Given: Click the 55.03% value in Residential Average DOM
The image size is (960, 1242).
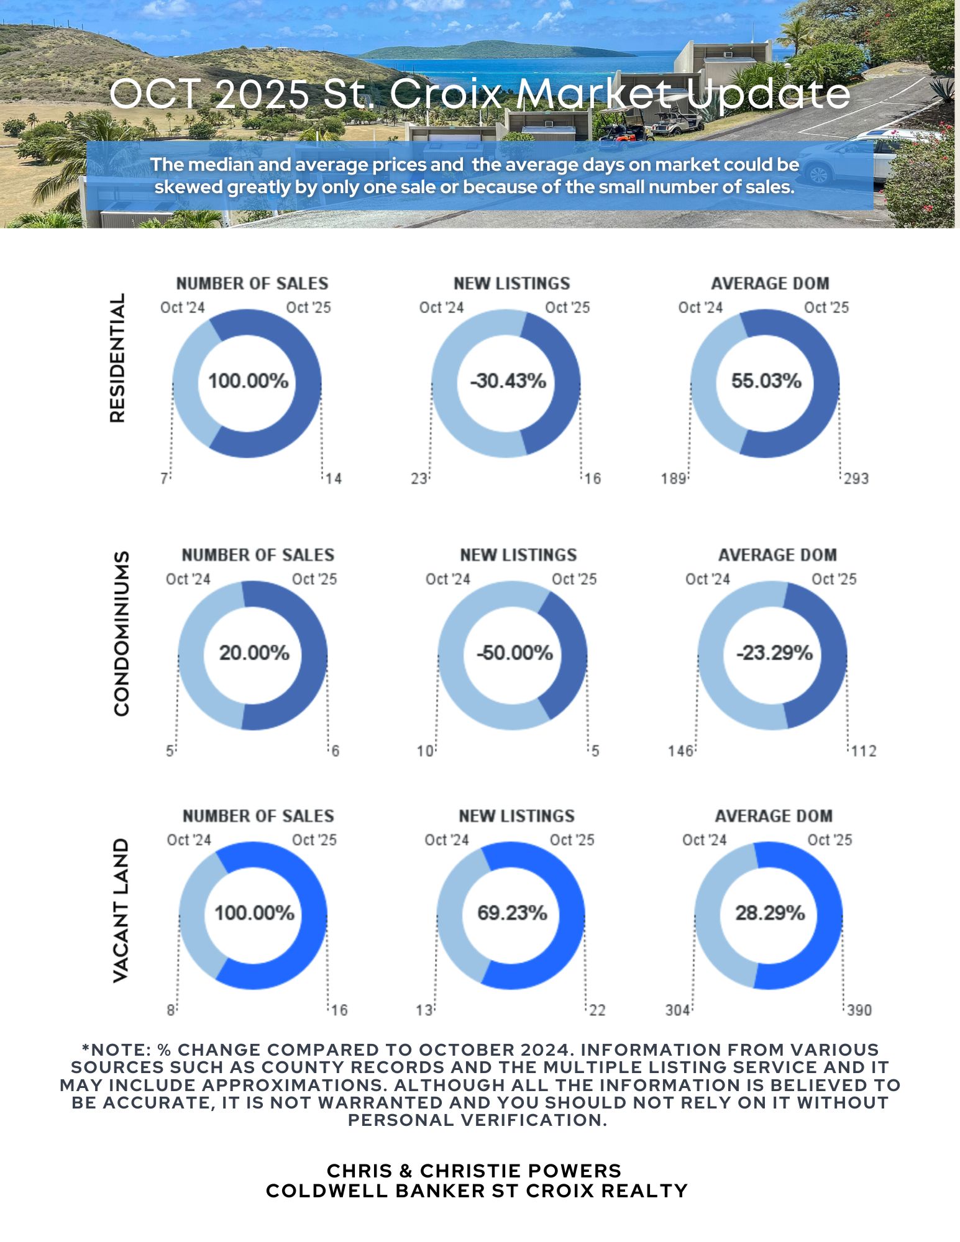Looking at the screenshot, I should coord(766,381).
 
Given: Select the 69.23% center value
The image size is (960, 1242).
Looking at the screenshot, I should coord(512,913).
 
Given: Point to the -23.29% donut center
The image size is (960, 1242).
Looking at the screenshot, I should coord(774,653).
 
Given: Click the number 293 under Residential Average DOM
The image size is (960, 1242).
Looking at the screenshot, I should coord(856,479).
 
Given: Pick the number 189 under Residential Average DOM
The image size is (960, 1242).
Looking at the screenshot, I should coord(674,479).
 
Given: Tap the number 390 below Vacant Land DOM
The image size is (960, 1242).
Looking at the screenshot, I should coord(859,1010).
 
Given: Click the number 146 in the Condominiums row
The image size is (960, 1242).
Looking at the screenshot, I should coord(680,751).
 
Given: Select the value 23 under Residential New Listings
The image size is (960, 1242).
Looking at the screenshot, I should coord(419,479).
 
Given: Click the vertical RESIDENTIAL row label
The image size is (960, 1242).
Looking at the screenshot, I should coord(117,358).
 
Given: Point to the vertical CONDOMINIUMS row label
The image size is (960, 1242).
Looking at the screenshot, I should coord(122,633).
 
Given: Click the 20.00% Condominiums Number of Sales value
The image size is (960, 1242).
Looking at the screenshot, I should coord(254,653).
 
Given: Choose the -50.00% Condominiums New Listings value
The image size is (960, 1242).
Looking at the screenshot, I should coord(514,653).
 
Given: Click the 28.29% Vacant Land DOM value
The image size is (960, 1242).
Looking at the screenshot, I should coord(770,913).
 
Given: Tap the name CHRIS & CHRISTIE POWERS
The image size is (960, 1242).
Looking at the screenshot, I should coord(474,1171).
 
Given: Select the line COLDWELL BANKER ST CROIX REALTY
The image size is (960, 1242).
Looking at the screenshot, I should coord(477,1190).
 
